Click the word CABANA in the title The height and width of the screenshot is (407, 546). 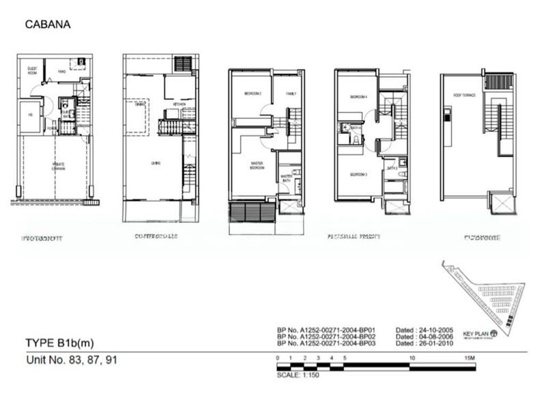point(47,25)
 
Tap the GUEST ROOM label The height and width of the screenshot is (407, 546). point(31,71)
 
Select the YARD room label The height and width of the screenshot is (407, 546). point(61,70)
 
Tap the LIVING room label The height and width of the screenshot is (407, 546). point(155,163)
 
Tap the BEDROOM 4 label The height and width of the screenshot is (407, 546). point(358,97)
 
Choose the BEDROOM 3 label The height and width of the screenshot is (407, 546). point(358,174)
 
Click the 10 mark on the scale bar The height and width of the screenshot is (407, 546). point(411,357)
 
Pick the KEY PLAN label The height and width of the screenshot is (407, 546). point(475,334)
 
